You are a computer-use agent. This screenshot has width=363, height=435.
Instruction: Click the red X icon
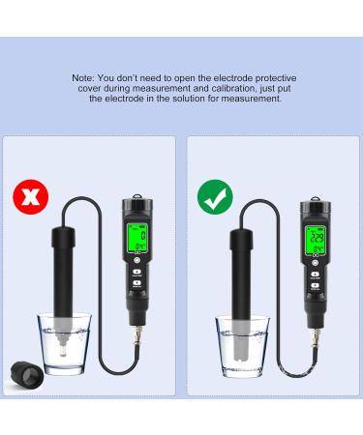point(31,199)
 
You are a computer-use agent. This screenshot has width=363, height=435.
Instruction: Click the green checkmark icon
point(215,199)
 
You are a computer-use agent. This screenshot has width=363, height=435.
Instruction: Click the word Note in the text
point(83,76)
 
